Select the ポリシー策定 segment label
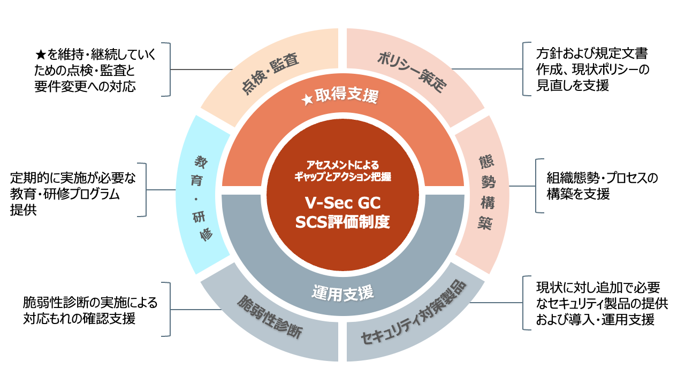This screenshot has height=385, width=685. pyautogui.click(x=412, y=72)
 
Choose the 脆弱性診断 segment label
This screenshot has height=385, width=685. pyautogui.click(x=270, y=318)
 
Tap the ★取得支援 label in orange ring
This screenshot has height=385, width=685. pyautogui.click(x=343, y=97)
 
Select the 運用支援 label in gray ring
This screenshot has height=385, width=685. pyautogui.click(x=342, y=292)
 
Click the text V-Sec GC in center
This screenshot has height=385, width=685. pyautogui.click(x=342, y=203)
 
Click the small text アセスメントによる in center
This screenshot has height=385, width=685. pyautogui.click(x=342, y=165)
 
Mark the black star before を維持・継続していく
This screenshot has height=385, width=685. pyautogui.click(x=40, y=55)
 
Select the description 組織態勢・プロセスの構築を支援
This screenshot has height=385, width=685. pyautogui.click(x=602, y=185)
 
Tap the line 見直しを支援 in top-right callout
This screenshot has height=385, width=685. pyautogui.click(x=573, y=86)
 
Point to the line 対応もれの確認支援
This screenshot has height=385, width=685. pyautogui.click(x=79, y=319)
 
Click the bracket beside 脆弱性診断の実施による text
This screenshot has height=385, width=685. pyautogui.click(x=167, y=309)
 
